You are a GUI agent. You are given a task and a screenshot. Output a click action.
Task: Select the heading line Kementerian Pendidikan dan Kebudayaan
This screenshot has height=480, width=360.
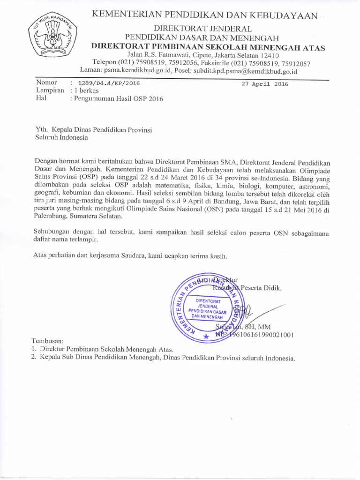pos(205,16)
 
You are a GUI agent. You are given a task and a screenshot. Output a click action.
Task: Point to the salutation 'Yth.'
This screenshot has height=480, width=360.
pos(42,129)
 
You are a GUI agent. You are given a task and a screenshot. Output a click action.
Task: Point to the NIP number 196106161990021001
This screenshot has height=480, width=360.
pos(260,335)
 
